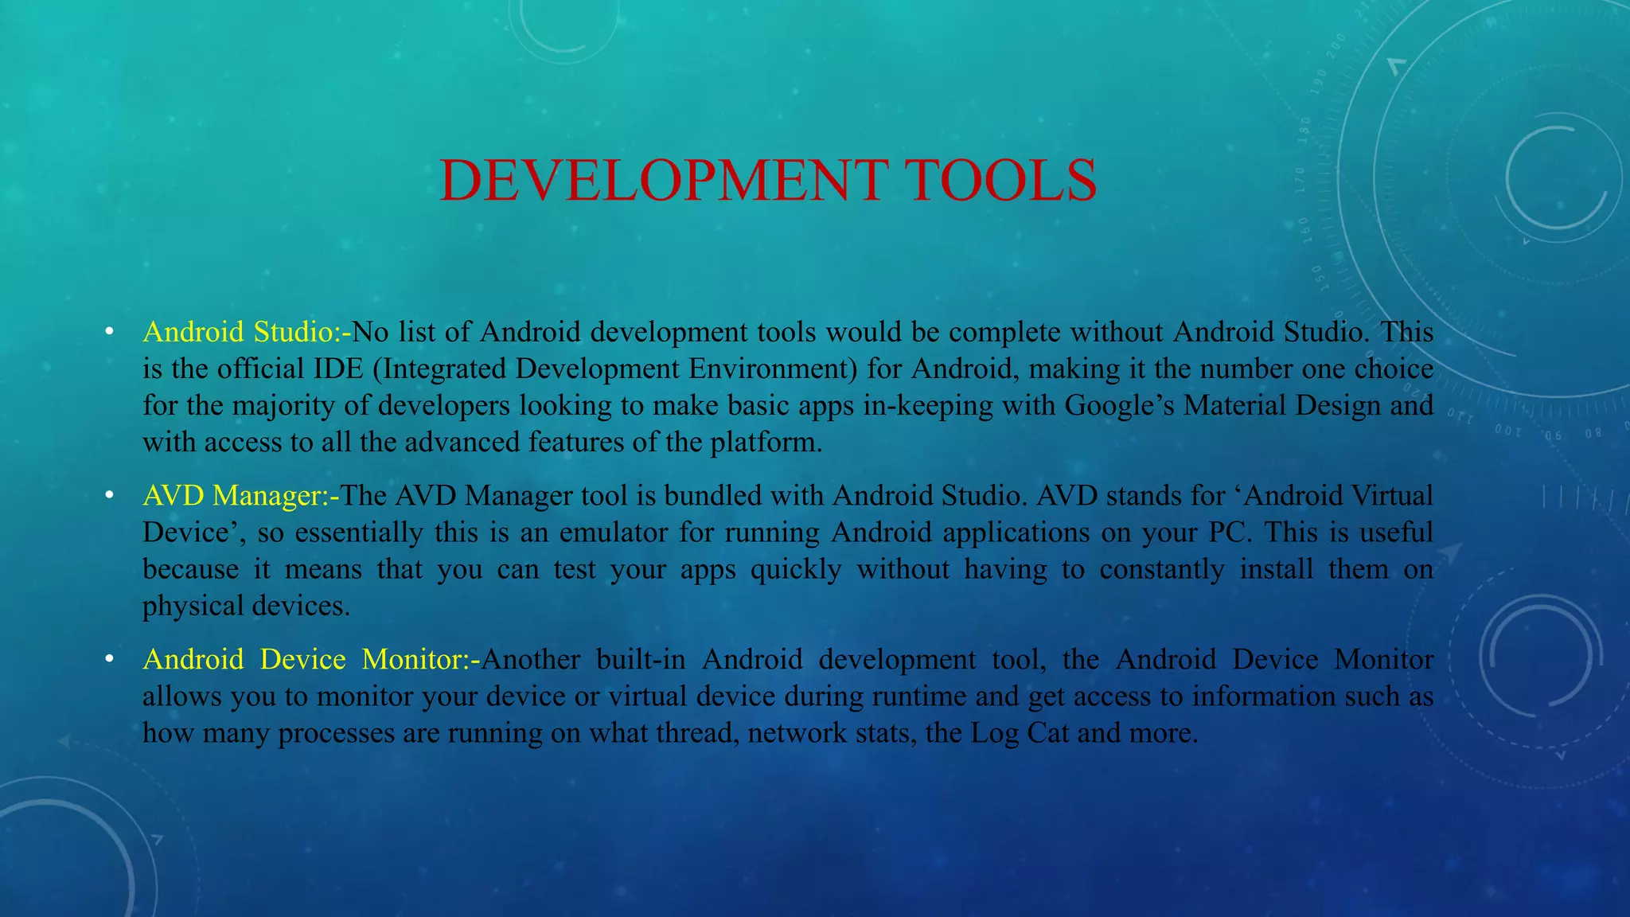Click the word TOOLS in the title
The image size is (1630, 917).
[x=1001, y=181]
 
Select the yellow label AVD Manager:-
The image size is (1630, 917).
[x=240, y=496]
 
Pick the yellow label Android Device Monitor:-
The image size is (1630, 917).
[x=311, y=660]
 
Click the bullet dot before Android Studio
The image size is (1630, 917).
[x=110, y=332]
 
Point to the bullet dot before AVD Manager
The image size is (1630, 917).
[x=110, y=496]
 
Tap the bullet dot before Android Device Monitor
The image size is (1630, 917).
[x=110, y=660]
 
